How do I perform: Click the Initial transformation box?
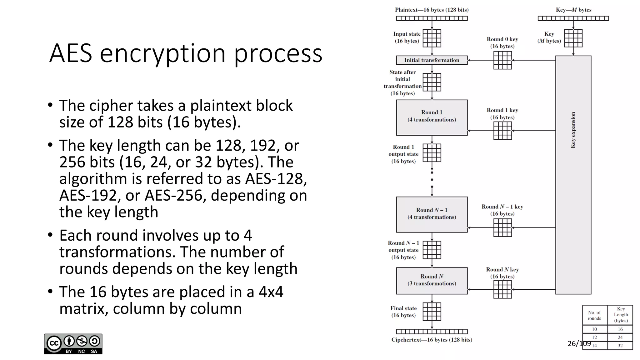(x=432, y=60)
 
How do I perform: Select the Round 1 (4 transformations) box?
(x=432, y=117)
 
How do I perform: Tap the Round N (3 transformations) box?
(x=432, y=281)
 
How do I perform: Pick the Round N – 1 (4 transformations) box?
(x=432, y=214)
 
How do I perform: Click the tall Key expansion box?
(x=573, y=175)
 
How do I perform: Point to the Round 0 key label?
(x=502, y=39)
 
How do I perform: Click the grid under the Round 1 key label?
(x=502, y=131)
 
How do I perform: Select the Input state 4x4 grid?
(x=432, y=38)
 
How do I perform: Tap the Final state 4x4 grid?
(x=432, y=312)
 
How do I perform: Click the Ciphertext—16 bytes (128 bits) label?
(x=432, y=340)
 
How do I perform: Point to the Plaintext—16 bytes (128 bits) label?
(x=432, y=10)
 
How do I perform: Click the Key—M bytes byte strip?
(x=573, y=18)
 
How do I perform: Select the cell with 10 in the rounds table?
(x=594, y=329)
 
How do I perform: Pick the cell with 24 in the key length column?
(x=620, y=337)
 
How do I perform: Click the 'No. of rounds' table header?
(x=594, y=316)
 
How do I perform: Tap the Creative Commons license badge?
(x=73, y=344)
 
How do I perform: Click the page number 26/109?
(x=579, y=344)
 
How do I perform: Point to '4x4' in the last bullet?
(x=271, y=292)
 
